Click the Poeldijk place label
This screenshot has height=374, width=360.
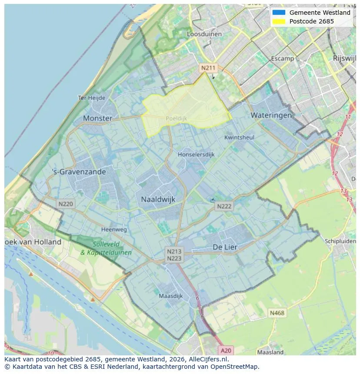(176, 118)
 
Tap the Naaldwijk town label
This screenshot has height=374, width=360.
(158, 199)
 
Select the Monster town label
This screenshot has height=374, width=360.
(97, 118)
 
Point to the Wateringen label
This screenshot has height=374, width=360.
(271, 115)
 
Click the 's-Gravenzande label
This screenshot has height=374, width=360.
(79, 172)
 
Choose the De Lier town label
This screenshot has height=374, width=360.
(225, 247)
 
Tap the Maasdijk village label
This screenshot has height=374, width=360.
(170, 296)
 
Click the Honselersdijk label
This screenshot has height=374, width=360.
(196, 154)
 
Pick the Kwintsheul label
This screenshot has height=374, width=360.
(239, 137)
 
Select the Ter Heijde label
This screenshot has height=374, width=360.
(91, 98)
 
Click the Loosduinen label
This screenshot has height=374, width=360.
(204, 34)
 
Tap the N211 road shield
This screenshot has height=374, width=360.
(208, 68)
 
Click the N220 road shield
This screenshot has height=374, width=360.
(66, 203)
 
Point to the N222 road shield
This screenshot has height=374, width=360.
(224, 206)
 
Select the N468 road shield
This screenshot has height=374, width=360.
(277, 313)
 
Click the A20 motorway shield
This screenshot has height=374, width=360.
(226, 351)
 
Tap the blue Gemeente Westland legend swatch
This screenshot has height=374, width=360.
(279, 13)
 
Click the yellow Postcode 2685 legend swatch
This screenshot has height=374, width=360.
(279, 21)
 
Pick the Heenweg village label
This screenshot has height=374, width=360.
(114, 229)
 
